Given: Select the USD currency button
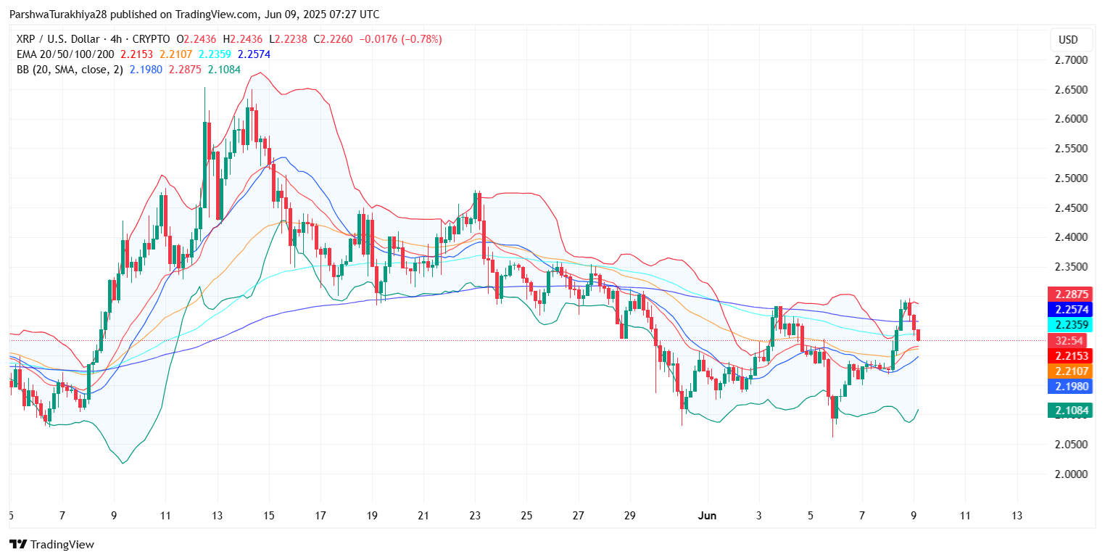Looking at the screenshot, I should tap(1068, 40).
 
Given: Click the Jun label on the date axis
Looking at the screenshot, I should tap(706, 516).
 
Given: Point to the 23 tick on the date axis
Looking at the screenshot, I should tap(476, 516).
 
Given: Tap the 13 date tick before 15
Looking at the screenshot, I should tap(217, 516).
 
